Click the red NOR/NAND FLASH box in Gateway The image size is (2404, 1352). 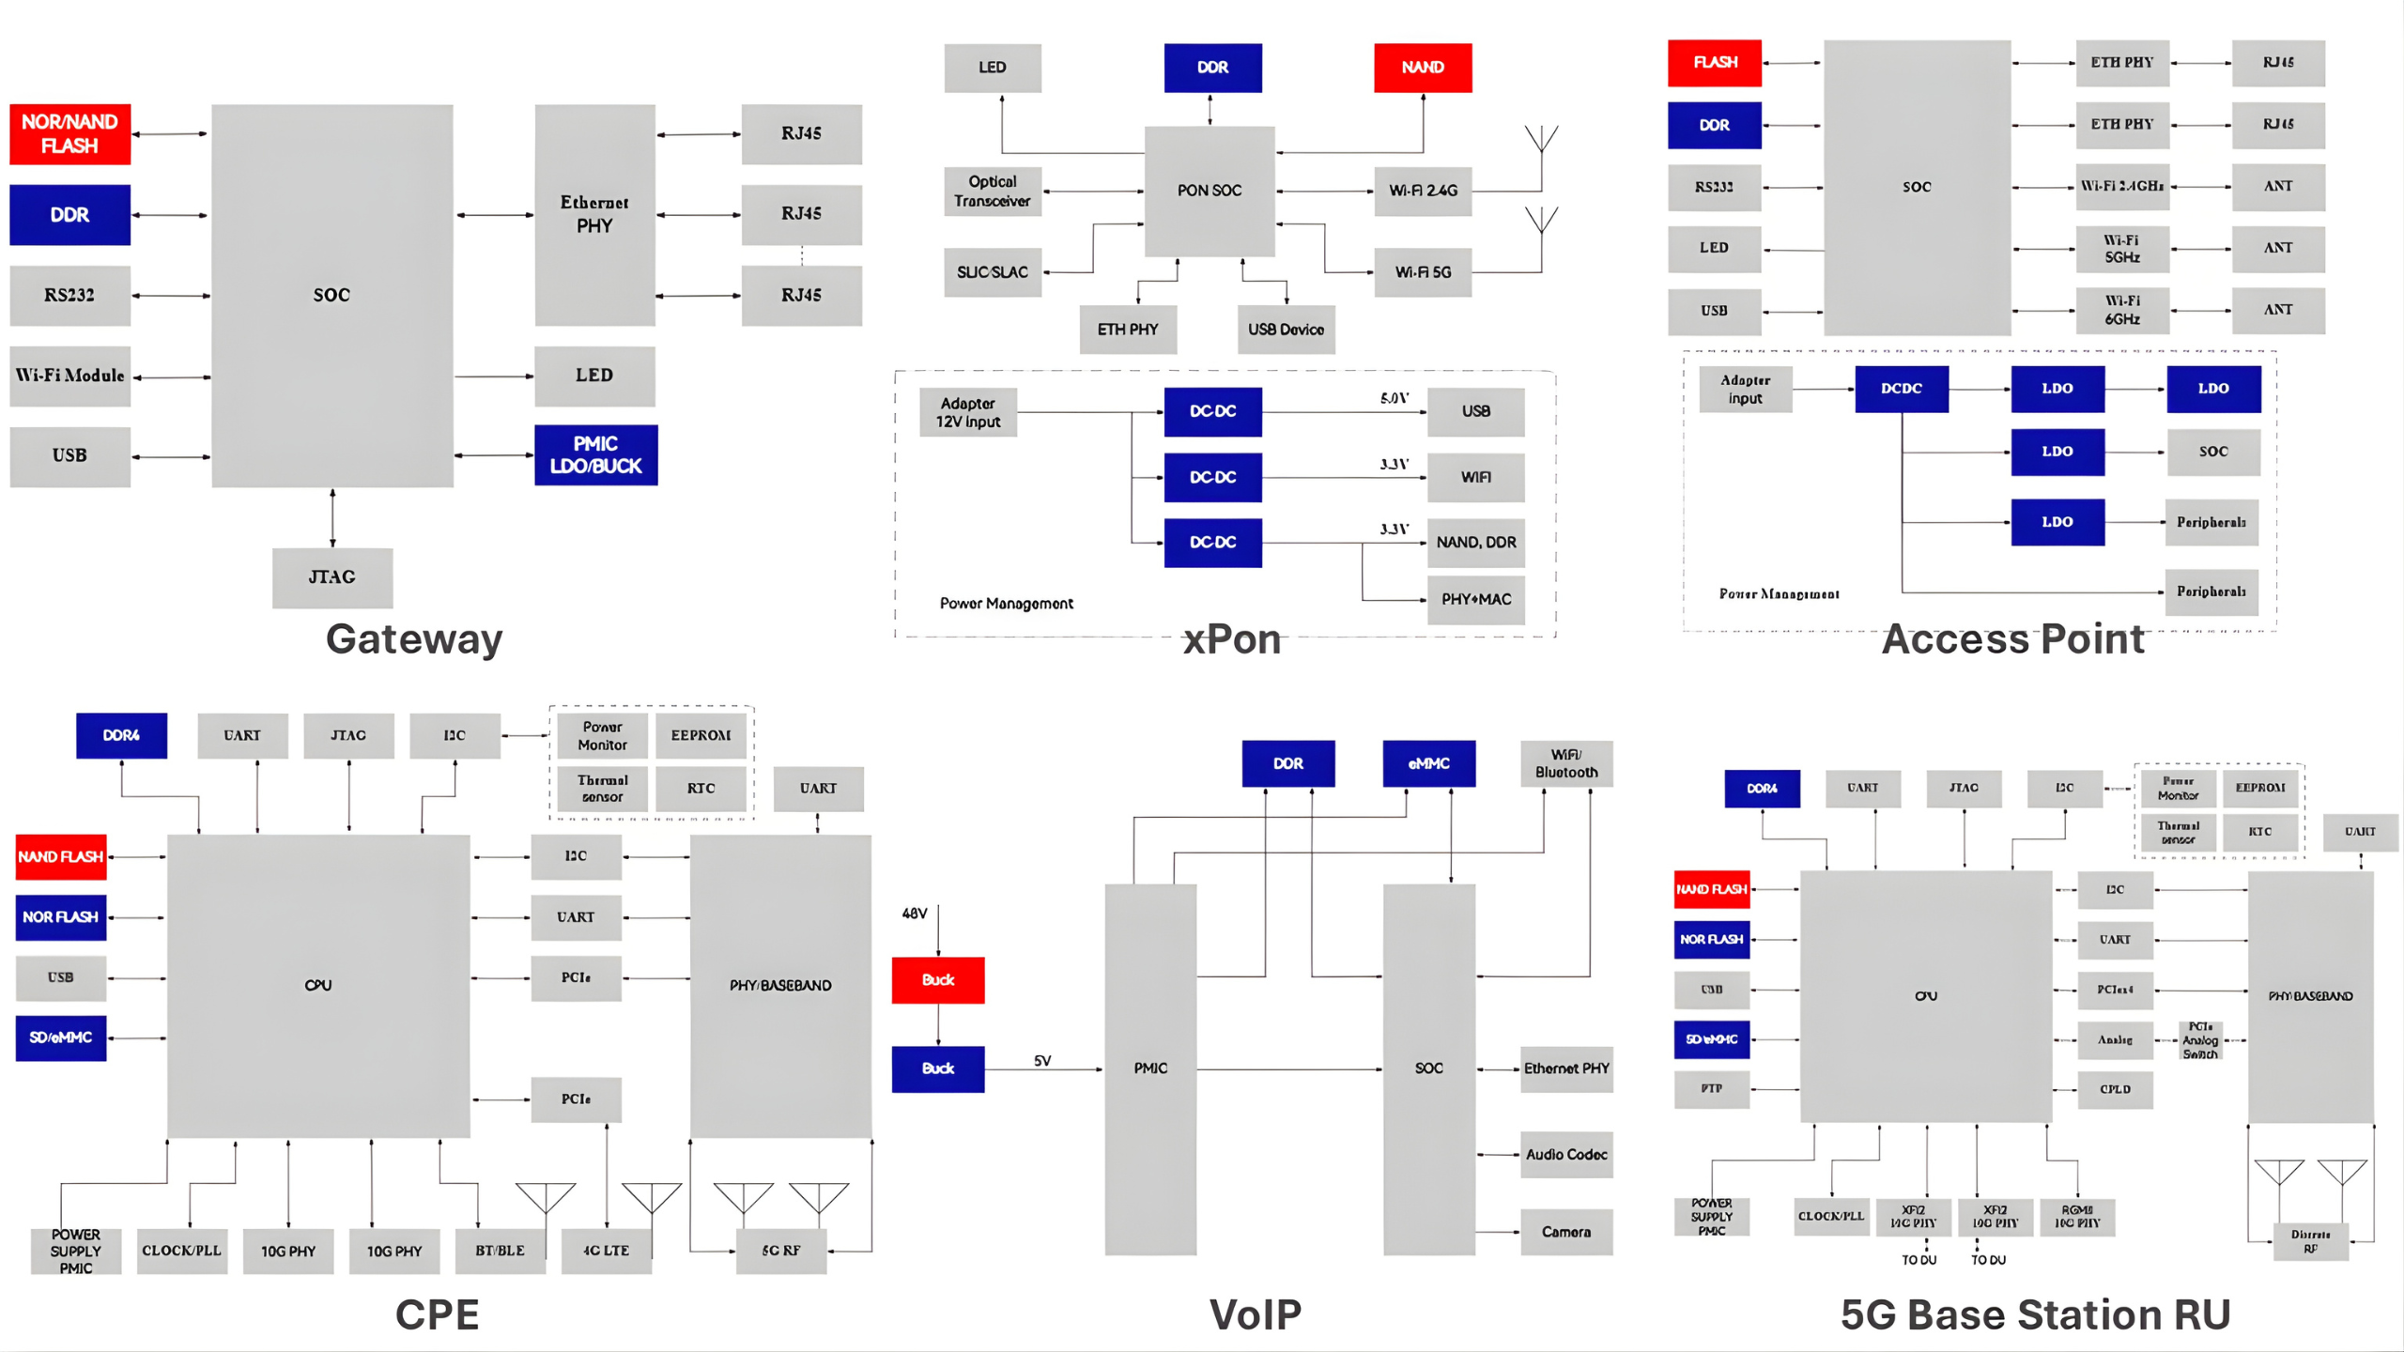[69, 134]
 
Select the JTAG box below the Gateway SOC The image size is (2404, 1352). [332, 577]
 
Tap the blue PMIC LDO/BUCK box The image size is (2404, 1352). [595, 455]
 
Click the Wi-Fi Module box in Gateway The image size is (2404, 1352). [69, 376]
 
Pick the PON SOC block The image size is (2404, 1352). [1210, 191]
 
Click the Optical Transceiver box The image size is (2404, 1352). [992, 191]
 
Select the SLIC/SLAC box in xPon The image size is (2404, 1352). [992, 272]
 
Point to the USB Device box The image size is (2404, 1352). [1286, 330]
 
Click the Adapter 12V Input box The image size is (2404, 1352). [968, 412]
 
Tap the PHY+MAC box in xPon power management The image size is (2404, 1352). [1475, 599]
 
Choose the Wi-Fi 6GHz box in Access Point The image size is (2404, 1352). [2122, 311]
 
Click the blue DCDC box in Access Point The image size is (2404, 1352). [1902, 389]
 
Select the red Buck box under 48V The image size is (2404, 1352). [938, 980]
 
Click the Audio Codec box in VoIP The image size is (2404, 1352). [1565, 1155]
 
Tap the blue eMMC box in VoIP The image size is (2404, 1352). [1428, 764]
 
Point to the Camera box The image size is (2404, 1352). [1565, 1232]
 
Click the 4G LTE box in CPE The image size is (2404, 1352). [606, 1251]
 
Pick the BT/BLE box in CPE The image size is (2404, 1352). [500, 1251]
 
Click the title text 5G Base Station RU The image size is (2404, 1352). [2035, 1314]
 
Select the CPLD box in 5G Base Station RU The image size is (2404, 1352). [2115, 1089]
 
